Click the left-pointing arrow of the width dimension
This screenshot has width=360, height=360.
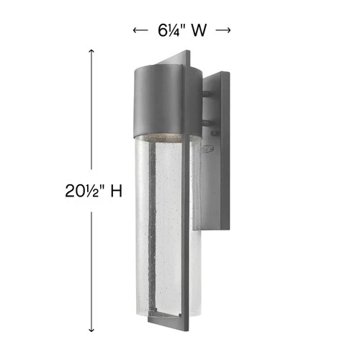click(138, 30)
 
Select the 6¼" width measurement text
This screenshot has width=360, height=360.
click(169, 30)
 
